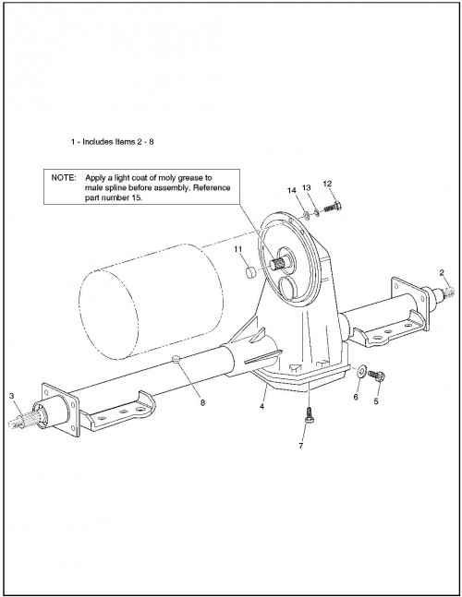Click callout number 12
click(x=327, y=184)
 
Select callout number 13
click(x=307, y=187)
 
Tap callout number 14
click(x=292, y=190)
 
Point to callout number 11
click(x=238, y=249)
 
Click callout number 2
click(x=442, y=272)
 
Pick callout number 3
click(x=11, y=396)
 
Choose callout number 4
click(x=261, y=407)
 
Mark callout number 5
click(x=376, y=401)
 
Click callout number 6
click(x=356, y=397)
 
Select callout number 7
click(x=300, y=446)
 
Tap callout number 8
click(x=202, y=402)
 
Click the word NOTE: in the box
click(x=64, y=178)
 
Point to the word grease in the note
click(x=190, y=178)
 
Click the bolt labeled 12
click(x=333, y=207)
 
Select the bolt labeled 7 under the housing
click(x=309, y=413)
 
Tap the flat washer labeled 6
click(x=360, y=370)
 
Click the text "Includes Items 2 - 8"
click(x=118, y=142)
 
